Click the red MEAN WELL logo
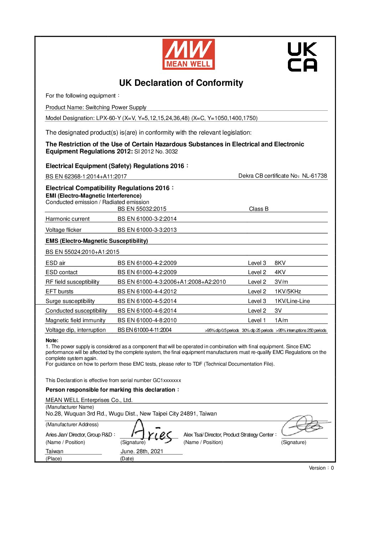pyautogui.click(x=188, y=54)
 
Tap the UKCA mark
pyautogui.click(x=302, y=57)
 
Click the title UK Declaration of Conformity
pyautogui.click(x=181, y=83)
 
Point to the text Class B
pyautogui.click(x=259, y=209)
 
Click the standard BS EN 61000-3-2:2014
pyautogui.click(x=147, y=219)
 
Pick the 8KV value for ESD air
pyautogui.click(x=280, y=263)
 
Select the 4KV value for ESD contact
pyautogui.click(x=280, y=272)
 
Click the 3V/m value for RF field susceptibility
pyautogui.click(x=281, y=282)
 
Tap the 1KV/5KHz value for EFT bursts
pyautogui.click(x=288, y=292)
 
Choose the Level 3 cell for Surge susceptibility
pyautogui.click(x=257, y=301)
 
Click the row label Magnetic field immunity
pyautogui.click(x=76, y=320)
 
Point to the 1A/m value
pyautogui.click(x=281, y=320)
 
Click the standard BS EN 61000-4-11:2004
pyautogui.click(x=145, y=330)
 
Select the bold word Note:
pyautogui.click(x=52, y=340)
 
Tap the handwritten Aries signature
pyautogui.click(x=151, y=433)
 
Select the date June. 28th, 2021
pyautogui.click(x=142, y=451)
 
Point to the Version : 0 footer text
pyautogui.click(x=321, y=468)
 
